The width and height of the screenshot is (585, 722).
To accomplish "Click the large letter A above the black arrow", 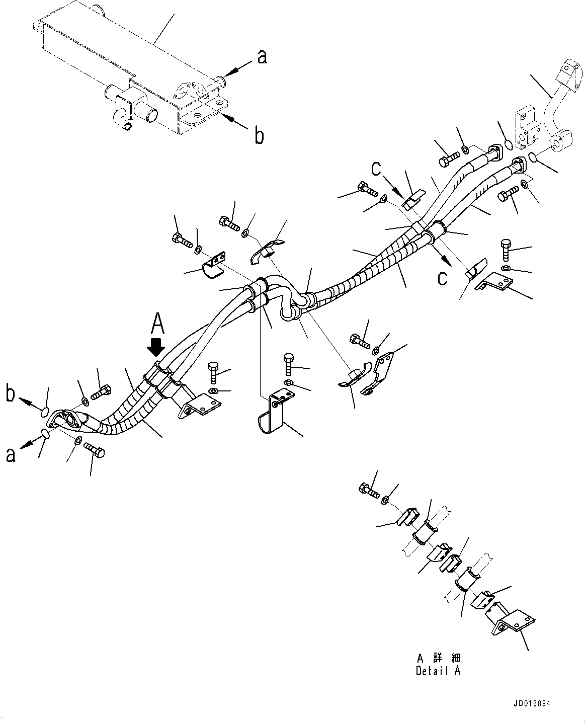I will point(158,323).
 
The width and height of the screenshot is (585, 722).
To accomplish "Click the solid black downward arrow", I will point(157,347).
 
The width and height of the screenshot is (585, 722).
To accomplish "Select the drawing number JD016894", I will point(536,704).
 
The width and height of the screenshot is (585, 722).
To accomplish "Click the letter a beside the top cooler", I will point(262,57).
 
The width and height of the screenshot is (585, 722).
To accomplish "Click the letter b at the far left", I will point(11,393).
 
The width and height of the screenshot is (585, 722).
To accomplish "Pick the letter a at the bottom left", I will point(10,455).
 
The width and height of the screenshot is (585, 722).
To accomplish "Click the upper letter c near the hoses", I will point(376,170).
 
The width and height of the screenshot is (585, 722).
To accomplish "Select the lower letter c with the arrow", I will point(442,277).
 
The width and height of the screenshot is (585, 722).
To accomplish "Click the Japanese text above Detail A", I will point(438,658).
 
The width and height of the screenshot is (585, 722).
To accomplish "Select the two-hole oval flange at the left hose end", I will point(69,419).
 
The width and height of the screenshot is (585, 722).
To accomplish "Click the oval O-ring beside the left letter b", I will point(45,412).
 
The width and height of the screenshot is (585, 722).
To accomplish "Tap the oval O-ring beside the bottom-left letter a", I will point(45,433).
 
